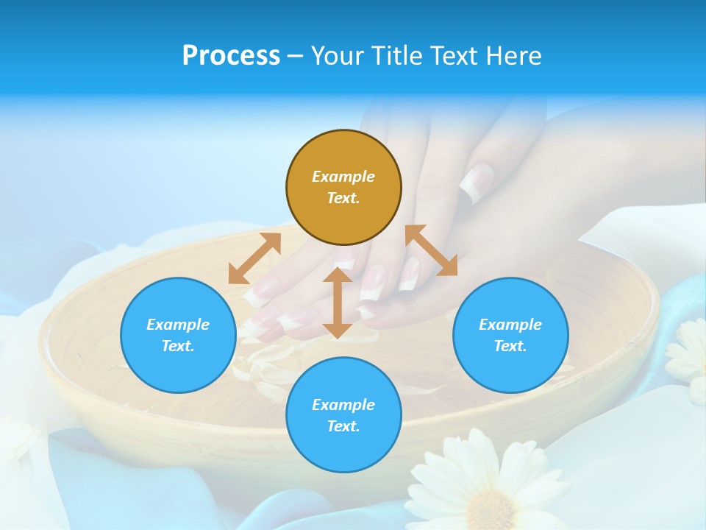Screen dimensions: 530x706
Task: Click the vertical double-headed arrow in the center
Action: tap(338, 303)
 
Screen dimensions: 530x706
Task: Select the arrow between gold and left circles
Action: tap(254, 258)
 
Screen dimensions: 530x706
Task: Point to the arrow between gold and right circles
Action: tap(431, 250)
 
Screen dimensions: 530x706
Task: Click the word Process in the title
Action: tap(231, 56)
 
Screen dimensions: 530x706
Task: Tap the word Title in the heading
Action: tap(398, 56)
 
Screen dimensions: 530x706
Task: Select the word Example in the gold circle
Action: tap(343, 177)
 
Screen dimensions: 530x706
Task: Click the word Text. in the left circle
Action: tap(178, 346)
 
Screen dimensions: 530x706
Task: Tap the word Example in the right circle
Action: tap(510, 325)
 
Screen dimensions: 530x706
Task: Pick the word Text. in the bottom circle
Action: tap(343, 426)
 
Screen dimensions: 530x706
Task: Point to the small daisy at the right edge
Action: tap(688, 353)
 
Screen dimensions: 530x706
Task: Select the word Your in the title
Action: tap(338, 56)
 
